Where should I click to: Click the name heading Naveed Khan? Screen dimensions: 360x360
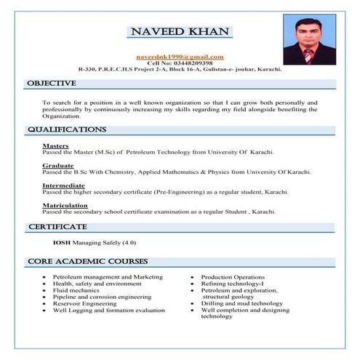coord(179,32)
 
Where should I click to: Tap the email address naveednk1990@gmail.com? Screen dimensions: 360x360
coord(180,56)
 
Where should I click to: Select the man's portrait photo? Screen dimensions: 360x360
coord(309,41)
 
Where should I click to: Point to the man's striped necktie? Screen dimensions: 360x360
coord(308,57)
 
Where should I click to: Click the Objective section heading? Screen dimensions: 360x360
coord(52,84)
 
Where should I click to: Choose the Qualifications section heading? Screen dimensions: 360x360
coord(67,129)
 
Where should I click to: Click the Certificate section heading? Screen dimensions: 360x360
coord(57,227)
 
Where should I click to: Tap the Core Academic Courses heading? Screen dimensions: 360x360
coord(87,261)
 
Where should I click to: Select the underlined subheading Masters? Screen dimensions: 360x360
coord(55,146)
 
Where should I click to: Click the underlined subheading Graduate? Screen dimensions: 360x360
coord(57,166)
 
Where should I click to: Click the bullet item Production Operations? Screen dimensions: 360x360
coord(233,277)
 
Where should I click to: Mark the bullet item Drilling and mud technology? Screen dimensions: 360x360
coord(241,303)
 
